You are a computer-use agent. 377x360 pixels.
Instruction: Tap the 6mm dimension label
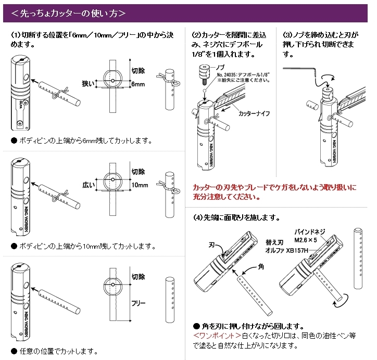click(138, 84)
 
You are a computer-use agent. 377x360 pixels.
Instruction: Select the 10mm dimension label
click(140, 185)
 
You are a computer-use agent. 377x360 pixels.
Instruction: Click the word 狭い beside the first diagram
click(89, 83)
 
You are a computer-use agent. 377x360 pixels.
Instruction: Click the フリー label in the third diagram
click(138, 302)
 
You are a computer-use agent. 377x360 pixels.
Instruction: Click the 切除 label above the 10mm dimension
click(138, 172)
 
